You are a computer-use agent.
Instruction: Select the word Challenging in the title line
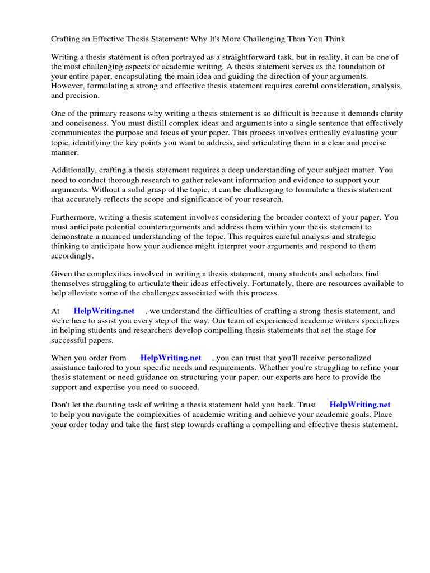point(277,39)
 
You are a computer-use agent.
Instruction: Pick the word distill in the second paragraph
point(148,123)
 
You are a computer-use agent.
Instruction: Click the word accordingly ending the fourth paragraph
point(73,256)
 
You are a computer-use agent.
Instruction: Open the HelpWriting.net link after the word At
point(104,311)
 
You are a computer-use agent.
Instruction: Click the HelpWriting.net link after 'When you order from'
point(170,358)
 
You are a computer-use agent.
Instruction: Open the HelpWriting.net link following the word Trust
point(359,405)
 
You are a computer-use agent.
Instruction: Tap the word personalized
point(347,358)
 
